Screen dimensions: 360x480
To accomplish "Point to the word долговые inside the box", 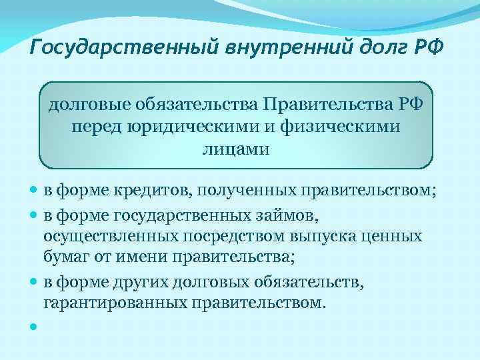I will pos(90,104).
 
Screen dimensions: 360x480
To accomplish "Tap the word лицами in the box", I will pos(236,148).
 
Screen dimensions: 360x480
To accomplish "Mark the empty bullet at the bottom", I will pos(34,327).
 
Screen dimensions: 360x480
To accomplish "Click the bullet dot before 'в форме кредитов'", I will pos(34,193).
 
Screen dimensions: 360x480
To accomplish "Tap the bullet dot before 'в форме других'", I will pos(34,281).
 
